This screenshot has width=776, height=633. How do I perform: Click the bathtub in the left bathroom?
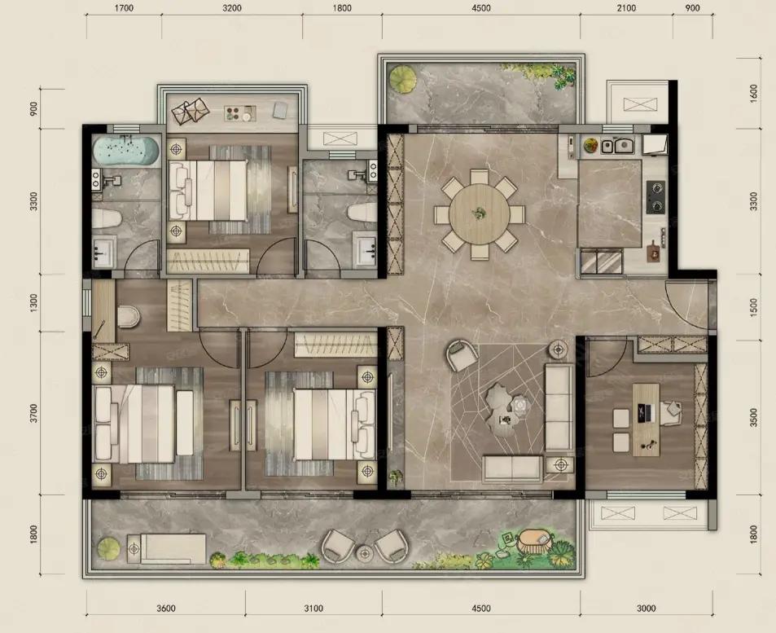coord(126,151)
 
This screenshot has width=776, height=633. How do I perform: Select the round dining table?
coord(480,214)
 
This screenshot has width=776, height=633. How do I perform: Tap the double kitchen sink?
coord(618,146)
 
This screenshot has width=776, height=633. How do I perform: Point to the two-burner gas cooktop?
coord(657,197)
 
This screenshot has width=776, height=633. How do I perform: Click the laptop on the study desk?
coord(643,413)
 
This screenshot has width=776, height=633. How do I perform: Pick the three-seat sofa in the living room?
coord(559,407)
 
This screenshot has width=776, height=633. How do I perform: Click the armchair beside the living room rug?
coord(463,354)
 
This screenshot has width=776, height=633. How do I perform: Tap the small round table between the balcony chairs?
coord(364,553)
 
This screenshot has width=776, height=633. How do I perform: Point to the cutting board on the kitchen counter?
coord(654,252)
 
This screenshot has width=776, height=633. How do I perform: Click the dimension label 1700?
coord(124,8)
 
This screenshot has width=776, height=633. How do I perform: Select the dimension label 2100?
coord(626,8)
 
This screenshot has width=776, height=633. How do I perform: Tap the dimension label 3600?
coord(166,608)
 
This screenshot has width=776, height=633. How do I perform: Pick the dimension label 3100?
coord(313,608)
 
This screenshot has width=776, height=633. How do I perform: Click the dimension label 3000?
coord(647,608)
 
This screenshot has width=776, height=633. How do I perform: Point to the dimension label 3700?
coord(33,413)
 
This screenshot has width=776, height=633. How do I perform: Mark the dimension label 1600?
coord(754,93)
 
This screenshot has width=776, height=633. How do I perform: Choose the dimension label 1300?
coord(33,302)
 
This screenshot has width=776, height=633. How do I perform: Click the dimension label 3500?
coord(754,417)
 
